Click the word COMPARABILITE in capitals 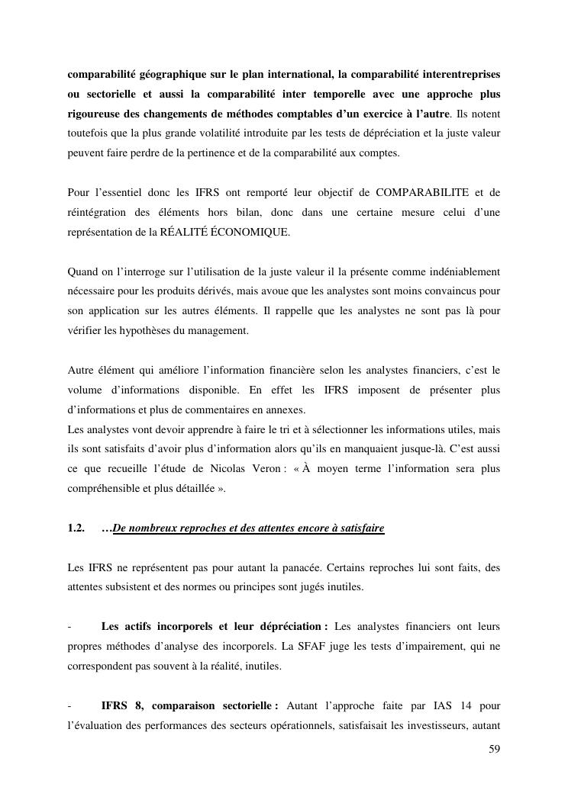pos(415,192)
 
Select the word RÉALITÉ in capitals pos(186,232)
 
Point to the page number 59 pos(494,749)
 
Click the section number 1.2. pos(78,528)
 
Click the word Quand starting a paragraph pos(83,271)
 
